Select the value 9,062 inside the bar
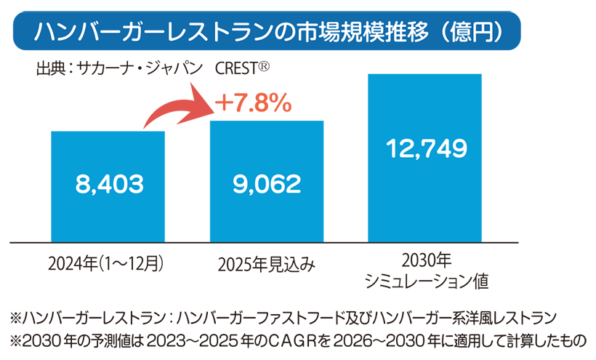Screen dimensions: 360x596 coord(267,183)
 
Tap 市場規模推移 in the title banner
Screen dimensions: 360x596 coord(360,31)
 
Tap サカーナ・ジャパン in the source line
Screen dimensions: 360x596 coord(139,70)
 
